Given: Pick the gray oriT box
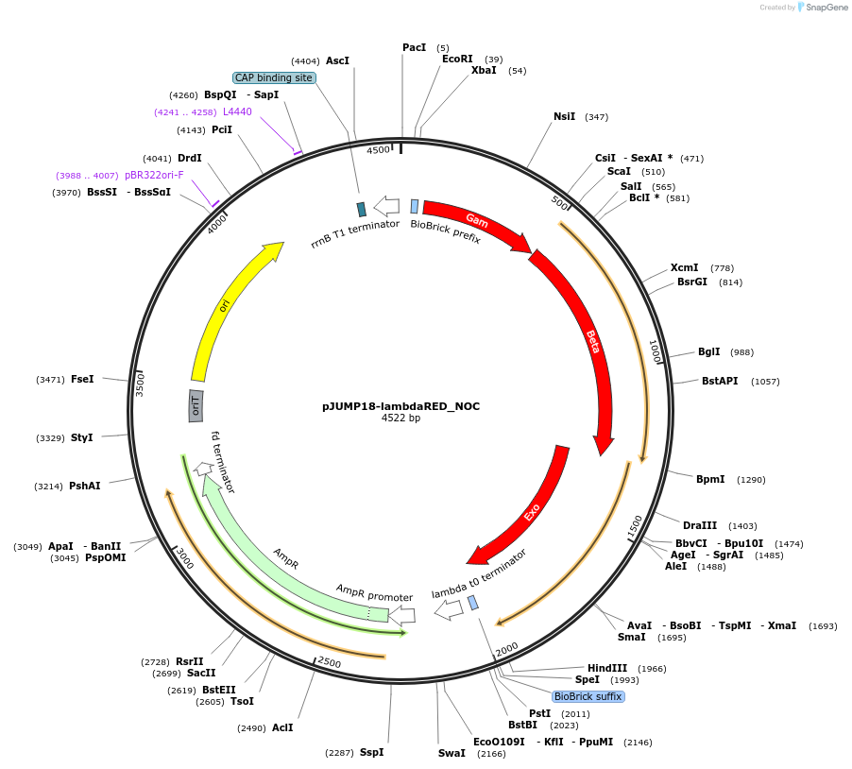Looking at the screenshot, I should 196,405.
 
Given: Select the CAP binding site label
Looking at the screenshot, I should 273,77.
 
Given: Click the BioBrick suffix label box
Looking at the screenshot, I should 588,696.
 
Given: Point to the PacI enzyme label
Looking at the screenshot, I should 414,47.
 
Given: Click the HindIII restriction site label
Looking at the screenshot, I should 606,668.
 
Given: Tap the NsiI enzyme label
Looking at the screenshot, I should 564,116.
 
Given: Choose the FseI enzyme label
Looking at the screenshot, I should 82,379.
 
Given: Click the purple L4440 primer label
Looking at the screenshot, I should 237,111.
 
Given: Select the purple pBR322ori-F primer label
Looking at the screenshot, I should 154,175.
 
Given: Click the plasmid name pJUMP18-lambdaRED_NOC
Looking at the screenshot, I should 400,406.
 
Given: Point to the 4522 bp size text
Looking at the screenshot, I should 400,418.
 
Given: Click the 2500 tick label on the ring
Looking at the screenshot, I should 329,662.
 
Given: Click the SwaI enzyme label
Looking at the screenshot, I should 452,753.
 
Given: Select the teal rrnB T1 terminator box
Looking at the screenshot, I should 361,209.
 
